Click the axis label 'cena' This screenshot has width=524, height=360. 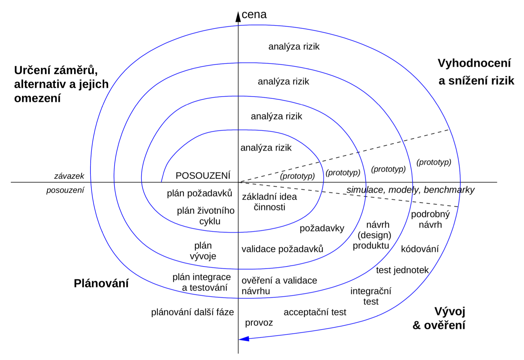[254, 14]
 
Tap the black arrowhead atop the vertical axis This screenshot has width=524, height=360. [238, 17]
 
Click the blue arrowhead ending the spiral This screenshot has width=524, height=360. [244, 338]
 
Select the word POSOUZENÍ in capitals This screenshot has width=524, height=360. [203, 176]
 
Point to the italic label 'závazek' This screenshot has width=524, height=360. [69, 176]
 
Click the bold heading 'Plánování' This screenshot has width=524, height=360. [101, 283]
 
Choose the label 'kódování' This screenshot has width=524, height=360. [420, 249]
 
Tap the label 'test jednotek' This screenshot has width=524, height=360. [402, 270]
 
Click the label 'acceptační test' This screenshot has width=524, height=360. [315, 312]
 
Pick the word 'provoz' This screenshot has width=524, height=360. [259, 323]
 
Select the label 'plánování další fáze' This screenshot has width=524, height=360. [193, 312]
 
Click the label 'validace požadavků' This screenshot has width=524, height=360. [282, 249]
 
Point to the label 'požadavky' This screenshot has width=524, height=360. [322, 228]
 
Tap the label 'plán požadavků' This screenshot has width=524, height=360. [199, 193]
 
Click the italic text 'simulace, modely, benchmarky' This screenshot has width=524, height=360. [410, 190]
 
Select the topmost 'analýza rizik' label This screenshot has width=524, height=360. [294, 46]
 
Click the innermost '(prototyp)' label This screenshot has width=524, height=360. [297, 176]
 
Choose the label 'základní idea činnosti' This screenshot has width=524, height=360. [269, 202]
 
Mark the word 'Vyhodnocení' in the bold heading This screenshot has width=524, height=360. [474, 63]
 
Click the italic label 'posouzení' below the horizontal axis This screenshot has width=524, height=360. [65, 190]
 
